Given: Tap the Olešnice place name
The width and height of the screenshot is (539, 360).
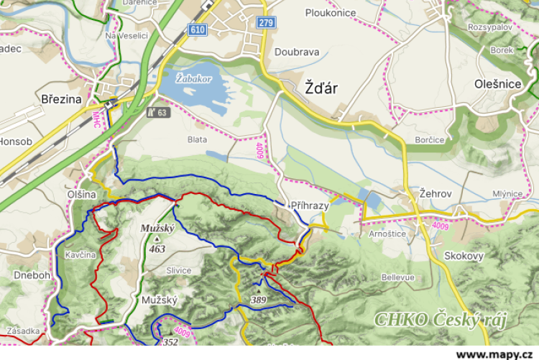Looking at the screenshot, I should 497,84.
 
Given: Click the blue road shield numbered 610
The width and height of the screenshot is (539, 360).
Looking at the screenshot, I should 197,29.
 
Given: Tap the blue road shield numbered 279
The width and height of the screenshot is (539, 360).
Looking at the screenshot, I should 265,23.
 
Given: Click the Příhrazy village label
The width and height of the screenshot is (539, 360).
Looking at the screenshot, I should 309,206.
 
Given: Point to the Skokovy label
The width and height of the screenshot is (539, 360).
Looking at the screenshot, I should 464,256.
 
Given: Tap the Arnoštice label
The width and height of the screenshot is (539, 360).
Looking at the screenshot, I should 387,234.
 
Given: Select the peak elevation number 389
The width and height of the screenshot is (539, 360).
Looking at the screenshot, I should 259,299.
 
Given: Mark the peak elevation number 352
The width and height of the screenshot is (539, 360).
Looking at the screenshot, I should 170,342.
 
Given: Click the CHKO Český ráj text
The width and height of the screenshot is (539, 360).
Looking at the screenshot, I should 440,320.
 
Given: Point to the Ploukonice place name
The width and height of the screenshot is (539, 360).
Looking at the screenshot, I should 331,13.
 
